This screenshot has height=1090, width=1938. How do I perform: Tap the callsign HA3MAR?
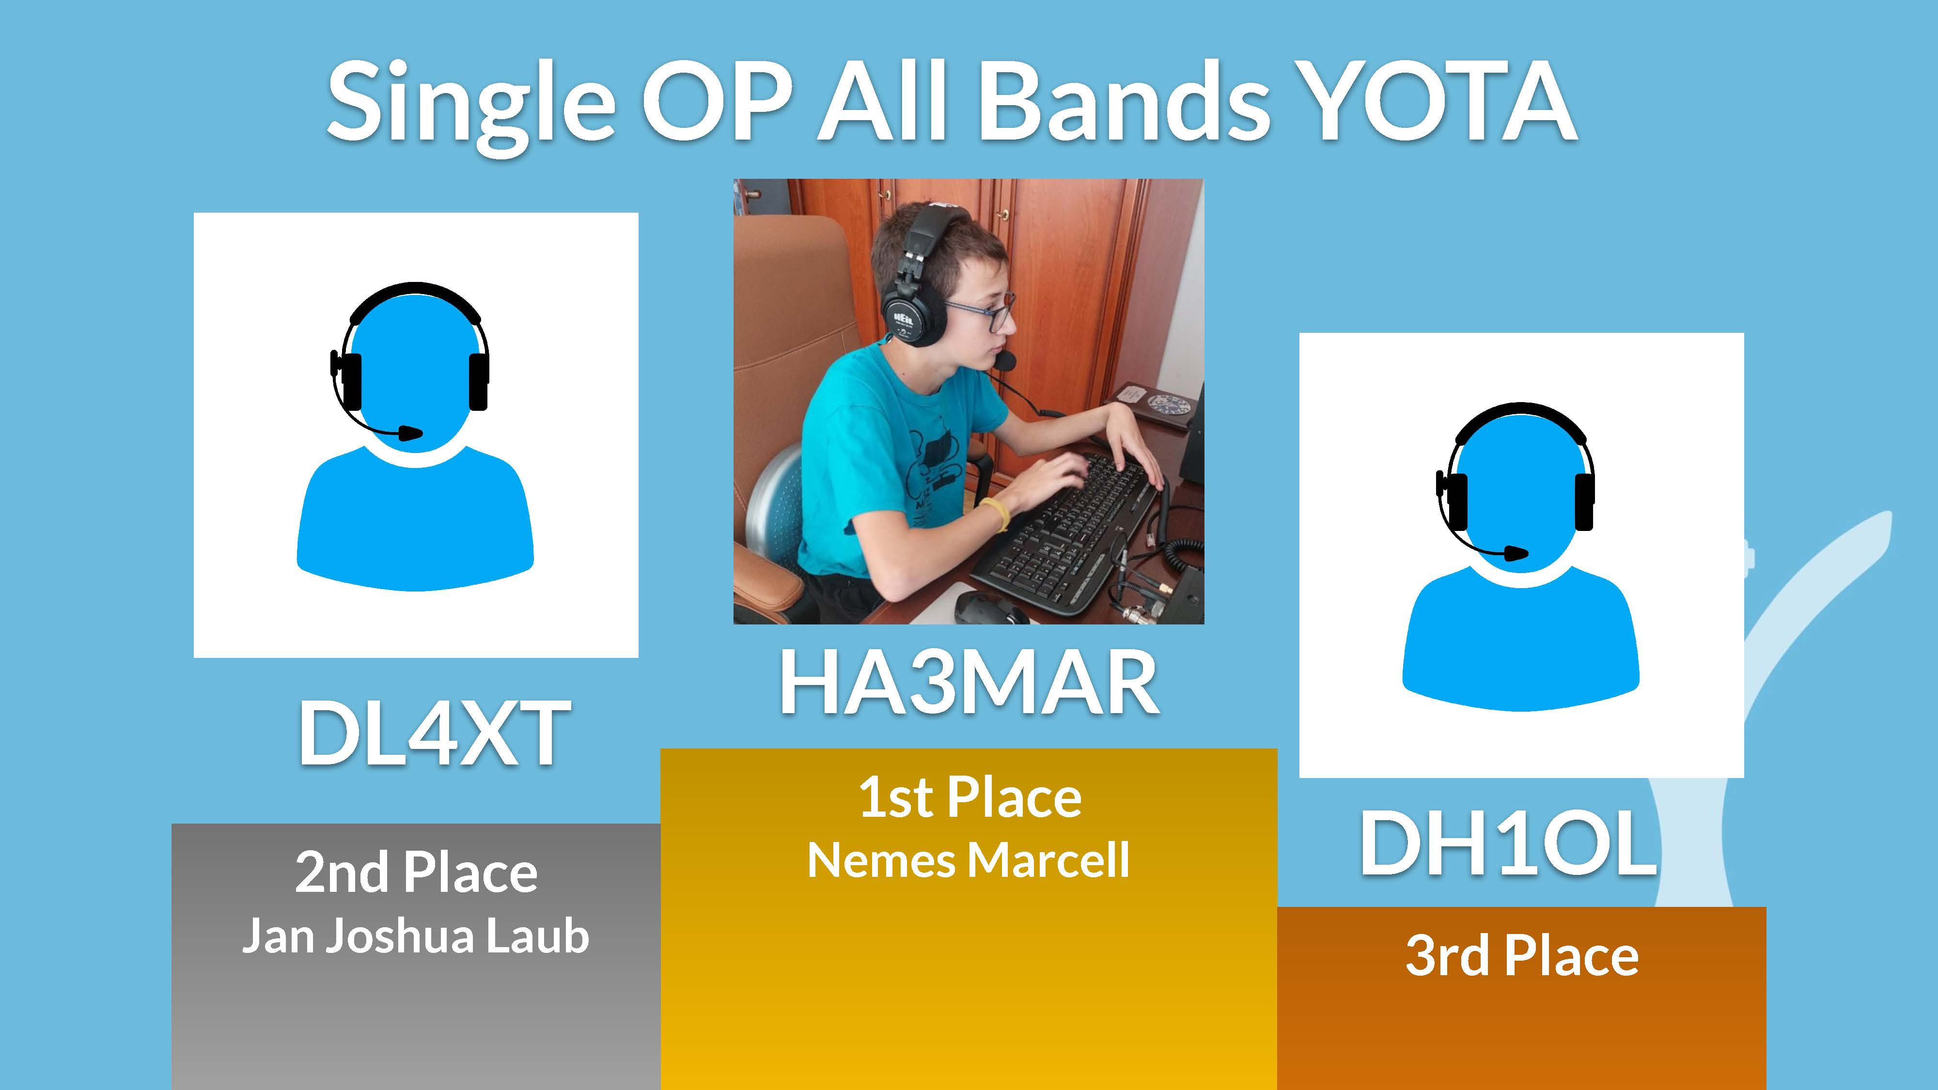click(x=969, y=682)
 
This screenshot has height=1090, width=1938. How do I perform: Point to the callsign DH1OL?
click(x=1508, y=843)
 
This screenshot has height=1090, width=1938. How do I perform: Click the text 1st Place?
click(x=970, y=798)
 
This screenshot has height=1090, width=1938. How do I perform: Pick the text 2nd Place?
click(x=416, y=872)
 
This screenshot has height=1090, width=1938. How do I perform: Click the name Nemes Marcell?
click(x=968, y=860)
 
